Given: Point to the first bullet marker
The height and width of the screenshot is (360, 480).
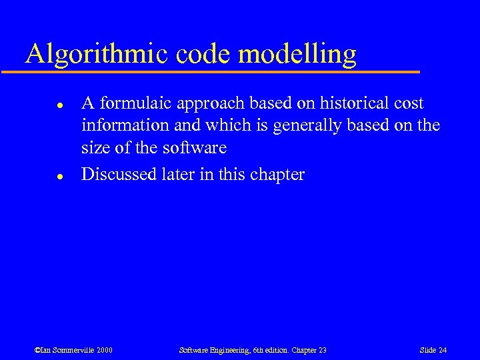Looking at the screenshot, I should tap(59, 105).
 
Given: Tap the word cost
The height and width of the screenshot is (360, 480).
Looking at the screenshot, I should tap(407, 103).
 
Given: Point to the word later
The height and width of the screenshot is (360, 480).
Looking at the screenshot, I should tap(181, 175).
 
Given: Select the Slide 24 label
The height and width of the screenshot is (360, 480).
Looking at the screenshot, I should tap(433, 350).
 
